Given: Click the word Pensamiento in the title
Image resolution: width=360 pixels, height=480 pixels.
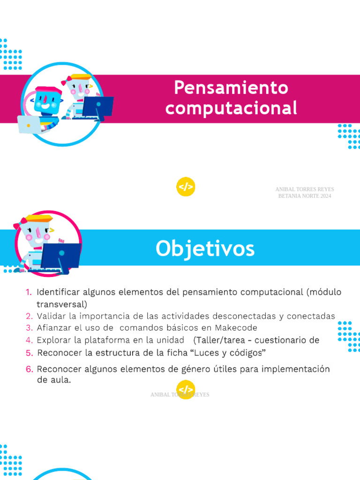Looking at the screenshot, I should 231,87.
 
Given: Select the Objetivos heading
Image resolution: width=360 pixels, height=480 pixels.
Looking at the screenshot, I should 205,248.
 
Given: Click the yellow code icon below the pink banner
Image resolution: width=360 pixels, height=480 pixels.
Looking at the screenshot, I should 186,187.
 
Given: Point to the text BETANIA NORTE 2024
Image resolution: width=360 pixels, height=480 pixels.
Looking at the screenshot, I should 305,196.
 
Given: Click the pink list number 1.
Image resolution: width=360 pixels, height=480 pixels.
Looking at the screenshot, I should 29,292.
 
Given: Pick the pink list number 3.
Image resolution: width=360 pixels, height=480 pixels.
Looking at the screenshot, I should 29,328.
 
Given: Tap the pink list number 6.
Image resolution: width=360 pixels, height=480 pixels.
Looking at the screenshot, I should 29,369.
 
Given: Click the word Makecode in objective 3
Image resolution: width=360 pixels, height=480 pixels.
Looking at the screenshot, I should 236,328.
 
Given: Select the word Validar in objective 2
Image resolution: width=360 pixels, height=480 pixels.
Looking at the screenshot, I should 49,316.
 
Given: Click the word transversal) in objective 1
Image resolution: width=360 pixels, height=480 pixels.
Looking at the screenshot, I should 62,304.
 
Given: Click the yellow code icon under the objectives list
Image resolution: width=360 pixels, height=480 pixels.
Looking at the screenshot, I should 186,390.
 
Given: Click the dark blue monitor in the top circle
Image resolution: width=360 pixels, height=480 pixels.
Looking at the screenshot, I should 100,106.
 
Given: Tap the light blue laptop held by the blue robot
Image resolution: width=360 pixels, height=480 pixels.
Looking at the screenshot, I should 29,124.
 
